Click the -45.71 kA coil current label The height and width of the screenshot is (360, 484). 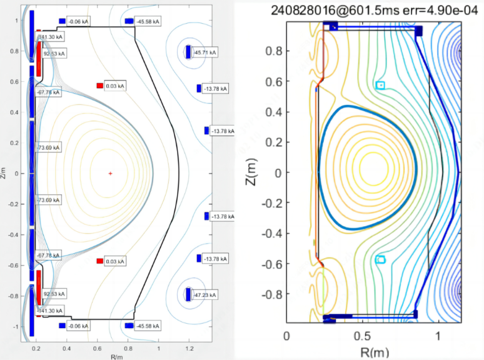[x=206, y=53]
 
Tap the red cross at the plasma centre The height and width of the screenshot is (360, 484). [x=110, y=173]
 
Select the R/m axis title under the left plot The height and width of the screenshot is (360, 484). [x=115, y=357]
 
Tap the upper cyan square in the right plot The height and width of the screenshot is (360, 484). [x=380, y=85]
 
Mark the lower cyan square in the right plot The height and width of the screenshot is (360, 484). [x=380, y=259]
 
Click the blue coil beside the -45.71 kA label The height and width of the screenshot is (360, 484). [x=188, y=52]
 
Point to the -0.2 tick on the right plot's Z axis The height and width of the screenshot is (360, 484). [x=269, y=202]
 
